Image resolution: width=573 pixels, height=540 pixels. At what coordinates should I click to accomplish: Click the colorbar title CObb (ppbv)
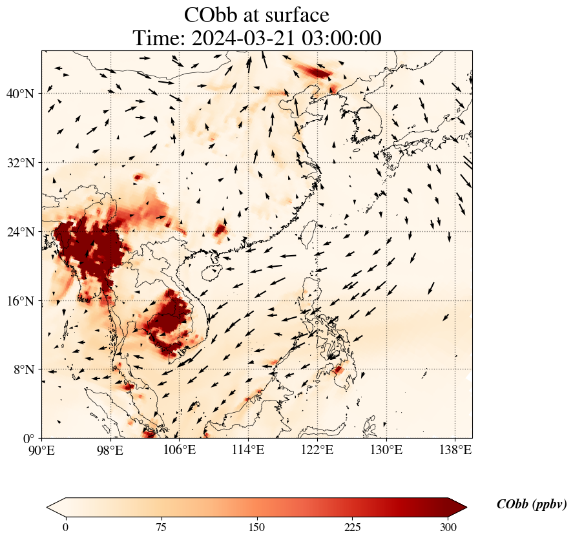532,504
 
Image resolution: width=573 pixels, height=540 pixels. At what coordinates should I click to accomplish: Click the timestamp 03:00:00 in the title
339,38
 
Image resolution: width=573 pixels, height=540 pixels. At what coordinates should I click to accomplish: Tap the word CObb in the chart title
212,15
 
